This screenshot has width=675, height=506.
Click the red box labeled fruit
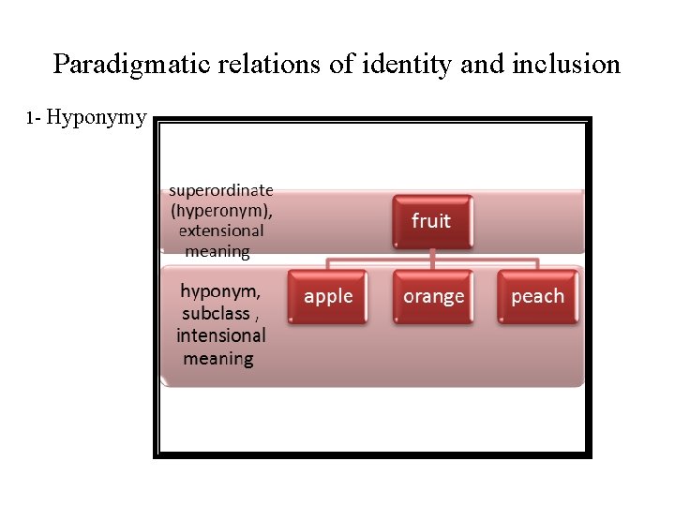click(x=431, y=221)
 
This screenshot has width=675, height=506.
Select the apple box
click(x=328, y=296)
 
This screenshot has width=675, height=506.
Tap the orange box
click(x=433, y=296)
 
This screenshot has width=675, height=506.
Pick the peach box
click(x=537, y=296)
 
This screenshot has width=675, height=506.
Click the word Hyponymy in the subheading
click(x=97, y=118)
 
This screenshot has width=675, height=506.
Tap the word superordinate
click(x=221, y=189)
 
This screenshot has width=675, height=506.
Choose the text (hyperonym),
click(x=221, y=210)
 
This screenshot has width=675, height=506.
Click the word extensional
click(x=221, y=231)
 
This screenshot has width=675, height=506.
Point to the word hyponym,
click(x=221, y=290)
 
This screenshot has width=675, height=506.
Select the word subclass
click(x=217, y=313)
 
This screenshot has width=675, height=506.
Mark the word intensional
click(x=221, y=335)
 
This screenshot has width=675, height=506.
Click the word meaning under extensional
click(x=217, y=251)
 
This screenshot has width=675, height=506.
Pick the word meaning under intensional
click(x=218, y=358)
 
